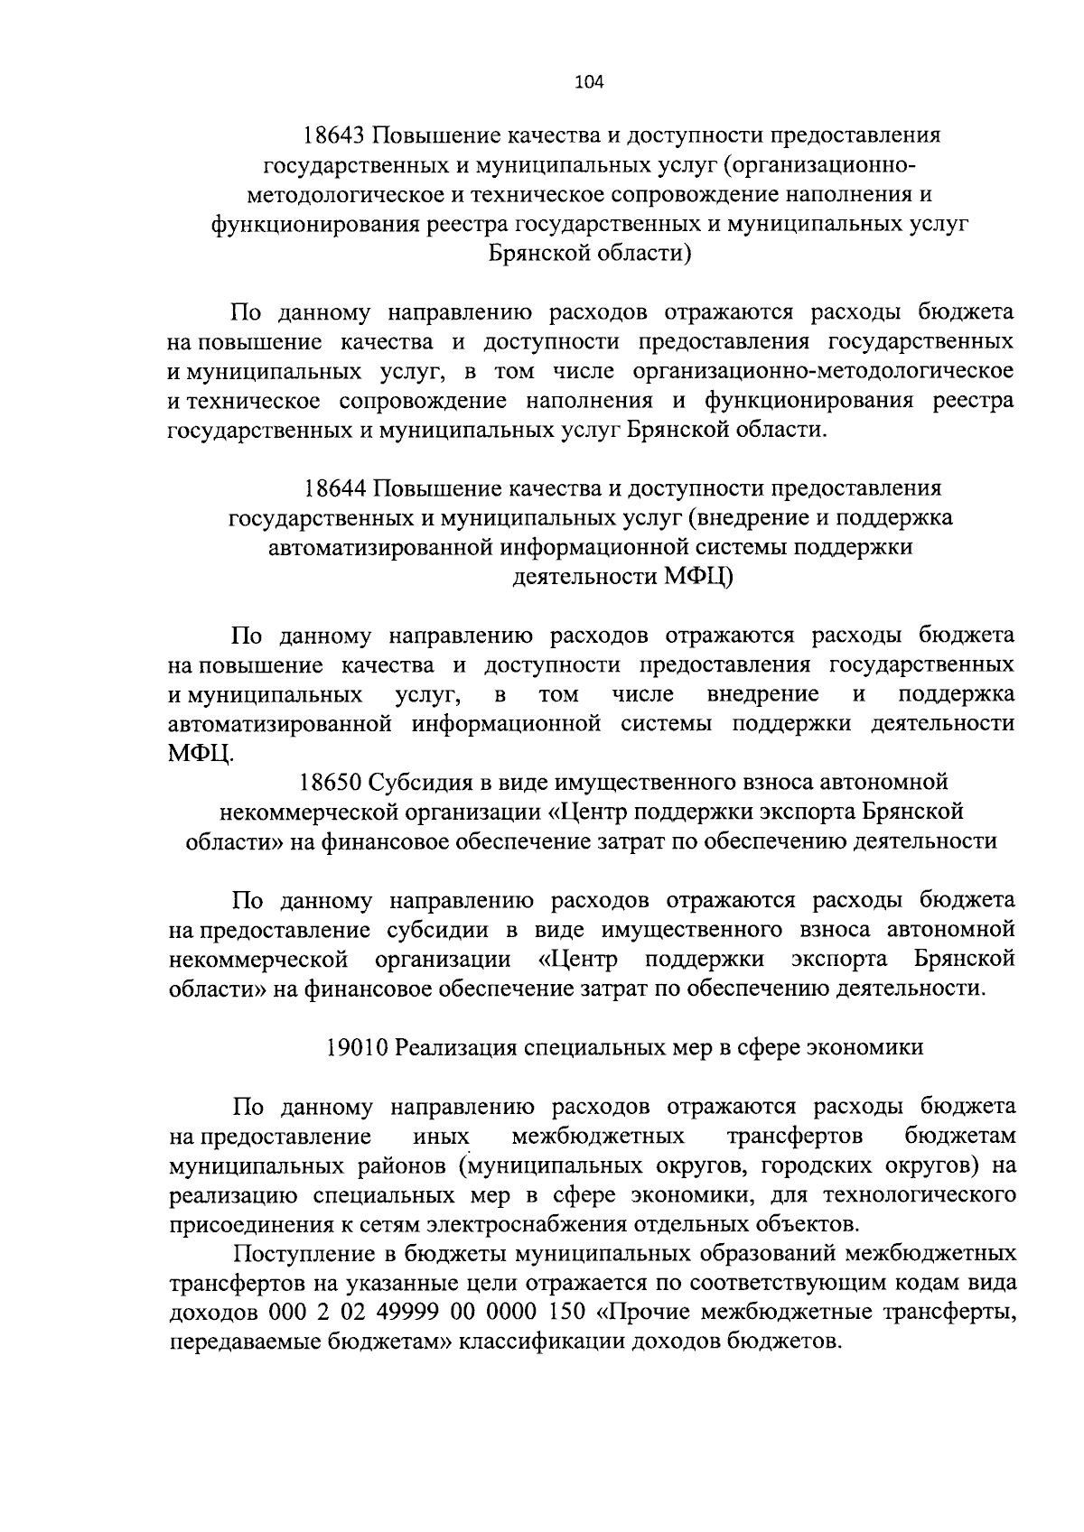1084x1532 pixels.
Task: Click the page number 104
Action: (x=588, y=83)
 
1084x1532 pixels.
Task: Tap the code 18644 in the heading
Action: (x=334, y=489)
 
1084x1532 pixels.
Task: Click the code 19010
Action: (x=357, y=1047)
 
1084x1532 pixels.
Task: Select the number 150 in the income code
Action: (x=567, y=1312)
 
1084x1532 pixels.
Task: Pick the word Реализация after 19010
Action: (x=455, y=1047)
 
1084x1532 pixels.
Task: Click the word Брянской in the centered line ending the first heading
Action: (x=538, y=254)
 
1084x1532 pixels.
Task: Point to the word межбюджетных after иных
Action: (x=598, y=1136)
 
